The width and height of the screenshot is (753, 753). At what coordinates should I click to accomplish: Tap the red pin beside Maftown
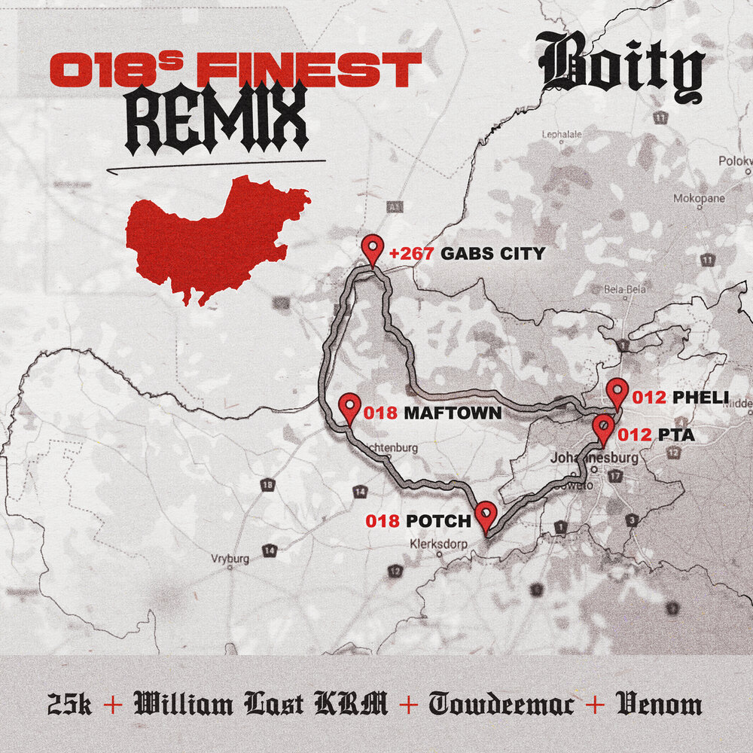point(349,407)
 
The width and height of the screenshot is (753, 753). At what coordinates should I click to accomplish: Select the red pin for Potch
point(486,515)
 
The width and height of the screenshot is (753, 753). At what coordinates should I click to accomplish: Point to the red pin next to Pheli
point(617,392)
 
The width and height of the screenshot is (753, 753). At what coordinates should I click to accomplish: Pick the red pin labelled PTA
point(603,428)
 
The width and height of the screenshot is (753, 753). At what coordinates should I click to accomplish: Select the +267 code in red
point(411,254)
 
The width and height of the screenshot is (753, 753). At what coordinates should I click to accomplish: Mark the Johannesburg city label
point(595,458)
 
